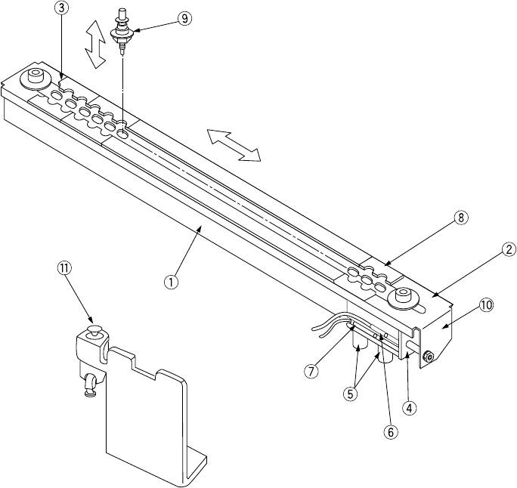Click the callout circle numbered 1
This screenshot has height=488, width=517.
[x=172, y=281]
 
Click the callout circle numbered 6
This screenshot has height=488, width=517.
[x=391, y=433]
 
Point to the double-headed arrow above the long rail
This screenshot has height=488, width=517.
[x=234, y=144]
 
